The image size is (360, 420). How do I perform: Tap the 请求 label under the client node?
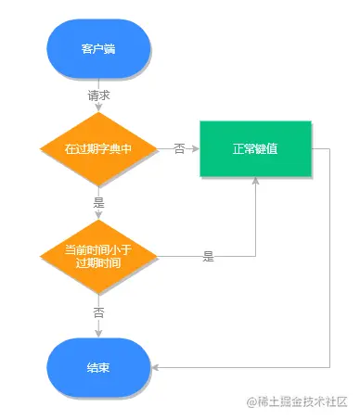point(99,95)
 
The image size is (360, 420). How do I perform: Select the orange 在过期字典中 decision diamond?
point(98,148)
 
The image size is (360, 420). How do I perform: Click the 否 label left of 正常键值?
point(178,148)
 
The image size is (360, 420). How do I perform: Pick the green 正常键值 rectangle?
point(253,148)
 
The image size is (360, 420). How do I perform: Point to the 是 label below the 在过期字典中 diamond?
point(99,202)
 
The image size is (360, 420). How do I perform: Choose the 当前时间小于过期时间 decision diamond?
point(98,256)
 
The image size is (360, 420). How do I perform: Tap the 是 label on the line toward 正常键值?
point(208,257)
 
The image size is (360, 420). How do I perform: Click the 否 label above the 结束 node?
point(99,312)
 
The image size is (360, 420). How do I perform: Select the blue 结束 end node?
point(98,367)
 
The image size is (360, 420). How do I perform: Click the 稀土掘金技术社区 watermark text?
point(303,401)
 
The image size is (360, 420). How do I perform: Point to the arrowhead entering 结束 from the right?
point(156,367)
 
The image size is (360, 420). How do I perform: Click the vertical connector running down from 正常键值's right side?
point(331,260)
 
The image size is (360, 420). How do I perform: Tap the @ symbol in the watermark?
point(251,401)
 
